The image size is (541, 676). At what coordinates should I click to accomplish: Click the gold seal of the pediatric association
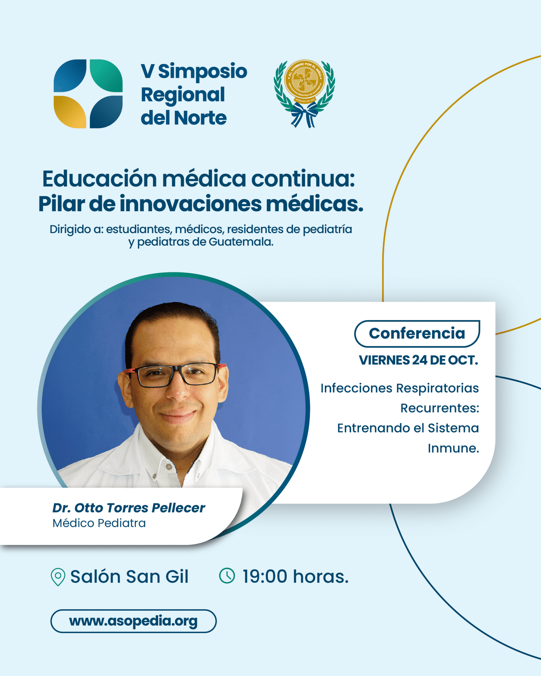click(305, 81)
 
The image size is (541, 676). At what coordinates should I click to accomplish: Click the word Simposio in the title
click(203, 71)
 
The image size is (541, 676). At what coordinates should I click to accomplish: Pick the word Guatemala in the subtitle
click(241, 242)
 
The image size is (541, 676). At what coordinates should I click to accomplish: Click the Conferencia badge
click(417, 334)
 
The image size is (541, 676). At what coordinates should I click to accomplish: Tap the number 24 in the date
click(419, 360)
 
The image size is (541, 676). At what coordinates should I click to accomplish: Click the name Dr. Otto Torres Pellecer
click(128, 508)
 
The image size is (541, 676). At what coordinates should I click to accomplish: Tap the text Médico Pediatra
click(99, 523)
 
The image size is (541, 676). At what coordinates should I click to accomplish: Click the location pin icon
click(58, 577)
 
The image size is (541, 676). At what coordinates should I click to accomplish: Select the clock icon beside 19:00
click(227, 576)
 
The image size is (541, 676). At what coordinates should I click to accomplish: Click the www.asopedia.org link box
click(134, 621)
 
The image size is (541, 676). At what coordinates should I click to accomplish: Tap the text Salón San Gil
click(129, 576)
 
